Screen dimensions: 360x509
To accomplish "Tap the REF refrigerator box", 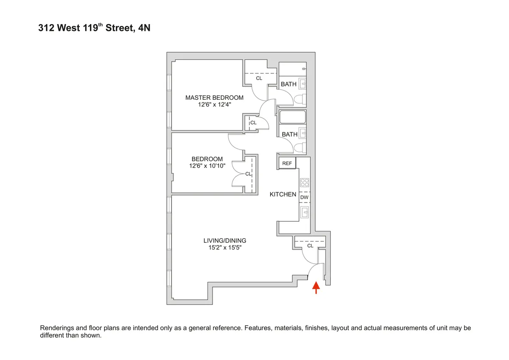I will [287, 163].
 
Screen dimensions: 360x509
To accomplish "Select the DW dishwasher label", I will [304, 197].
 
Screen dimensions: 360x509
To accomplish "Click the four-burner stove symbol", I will [305, 183].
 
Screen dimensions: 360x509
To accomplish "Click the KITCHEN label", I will [283, 194].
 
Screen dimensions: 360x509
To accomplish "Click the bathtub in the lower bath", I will [293, 117].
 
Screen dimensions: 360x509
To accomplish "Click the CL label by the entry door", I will [310, 246].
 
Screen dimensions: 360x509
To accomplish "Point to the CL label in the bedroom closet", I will [248, 174].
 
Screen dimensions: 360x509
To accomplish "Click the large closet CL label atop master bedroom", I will [259, 79].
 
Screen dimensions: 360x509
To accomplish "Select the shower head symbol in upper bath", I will [303, 68].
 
